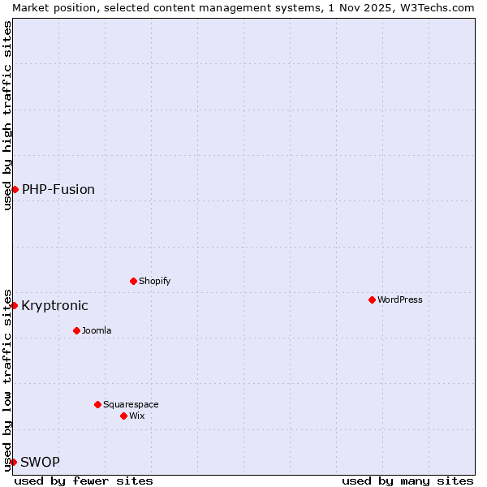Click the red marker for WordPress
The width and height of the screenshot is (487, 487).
372,300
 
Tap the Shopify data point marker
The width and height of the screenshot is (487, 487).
133,281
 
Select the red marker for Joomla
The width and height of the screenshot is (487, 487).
76,330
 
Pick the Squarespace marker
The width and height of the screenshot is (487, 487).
97,404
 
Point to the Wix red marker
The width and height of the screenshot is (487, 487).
123,416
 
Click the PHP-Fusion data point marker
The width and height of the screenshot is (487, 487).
15,189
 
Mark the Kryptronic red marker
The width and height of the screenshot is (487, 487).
14,305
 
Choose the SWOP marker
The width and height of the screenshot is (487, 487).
13,462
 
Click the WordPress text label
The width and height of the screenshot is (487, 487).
400,300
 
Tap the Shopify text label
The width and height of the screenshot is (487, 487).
154,281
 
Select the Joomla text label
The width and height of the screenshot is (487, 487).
97,330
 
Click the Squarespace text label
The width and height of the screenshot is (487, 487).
131,404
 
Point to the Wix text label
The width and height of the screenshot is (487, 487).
136,416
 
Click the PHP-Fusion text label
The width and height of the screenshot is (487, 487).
58,189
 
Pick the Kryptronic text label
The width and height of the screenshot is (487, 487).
54,305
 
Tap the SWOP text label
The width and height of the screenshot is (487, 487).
40,462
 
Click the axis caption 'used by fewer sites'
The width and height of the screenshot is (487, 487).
84,481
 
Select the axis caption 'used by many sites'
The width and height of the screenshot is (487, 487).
407,481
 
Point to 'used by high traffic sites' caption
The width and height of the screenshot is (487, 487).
7,115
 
